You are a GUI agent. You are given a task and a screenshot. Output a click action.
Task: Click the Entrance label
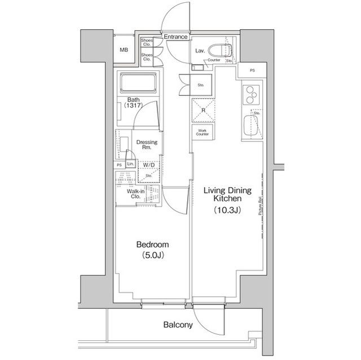175,37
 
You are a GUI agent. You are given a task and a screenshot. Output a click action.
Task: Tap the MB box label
124,50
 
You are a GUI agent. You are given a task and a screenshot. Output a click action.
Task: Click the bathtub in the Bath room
139,86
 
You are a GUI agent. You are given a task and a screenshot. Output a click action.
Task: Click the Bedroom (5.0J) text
152,250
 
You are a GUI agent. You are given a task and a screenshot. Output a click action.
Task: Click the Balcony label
178,325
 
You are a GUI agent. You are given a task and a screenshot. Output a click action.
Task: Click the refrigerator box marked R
203,110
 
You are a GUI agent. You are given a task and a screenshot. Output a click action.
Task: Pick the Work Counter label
202,132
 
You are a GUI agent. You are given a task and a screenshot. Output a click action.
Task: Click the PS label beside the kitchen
252,70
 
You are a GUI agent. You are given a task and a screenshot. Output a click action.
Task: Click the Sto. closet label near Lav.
200,85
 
